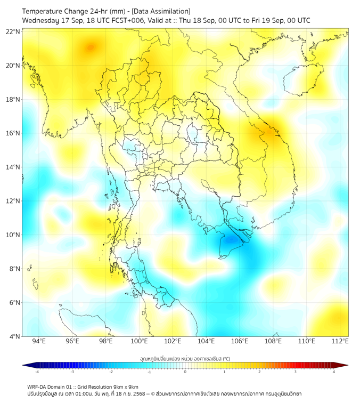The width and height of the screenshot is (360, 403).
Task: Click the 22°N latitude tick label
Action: click(13, 31)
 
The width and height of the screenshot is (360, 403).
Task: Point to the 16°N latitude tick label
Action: click(13, 133)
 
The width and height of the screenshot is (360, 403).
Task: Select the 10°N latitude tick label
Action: click(13, 235)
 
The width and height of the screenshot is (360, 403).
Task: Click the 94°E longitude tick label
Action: click(39, 341)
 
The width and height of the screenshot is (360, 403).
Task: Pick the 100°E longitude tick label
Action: click(139, 341)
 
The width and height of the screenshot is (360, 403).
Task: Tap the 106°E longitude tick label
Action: click(240, 341)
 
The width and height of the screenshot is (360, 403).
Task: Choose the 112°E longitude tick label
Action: click(340, 341)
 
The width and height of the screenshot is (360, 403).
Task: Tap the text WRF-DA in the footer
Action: click(38, 386)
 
